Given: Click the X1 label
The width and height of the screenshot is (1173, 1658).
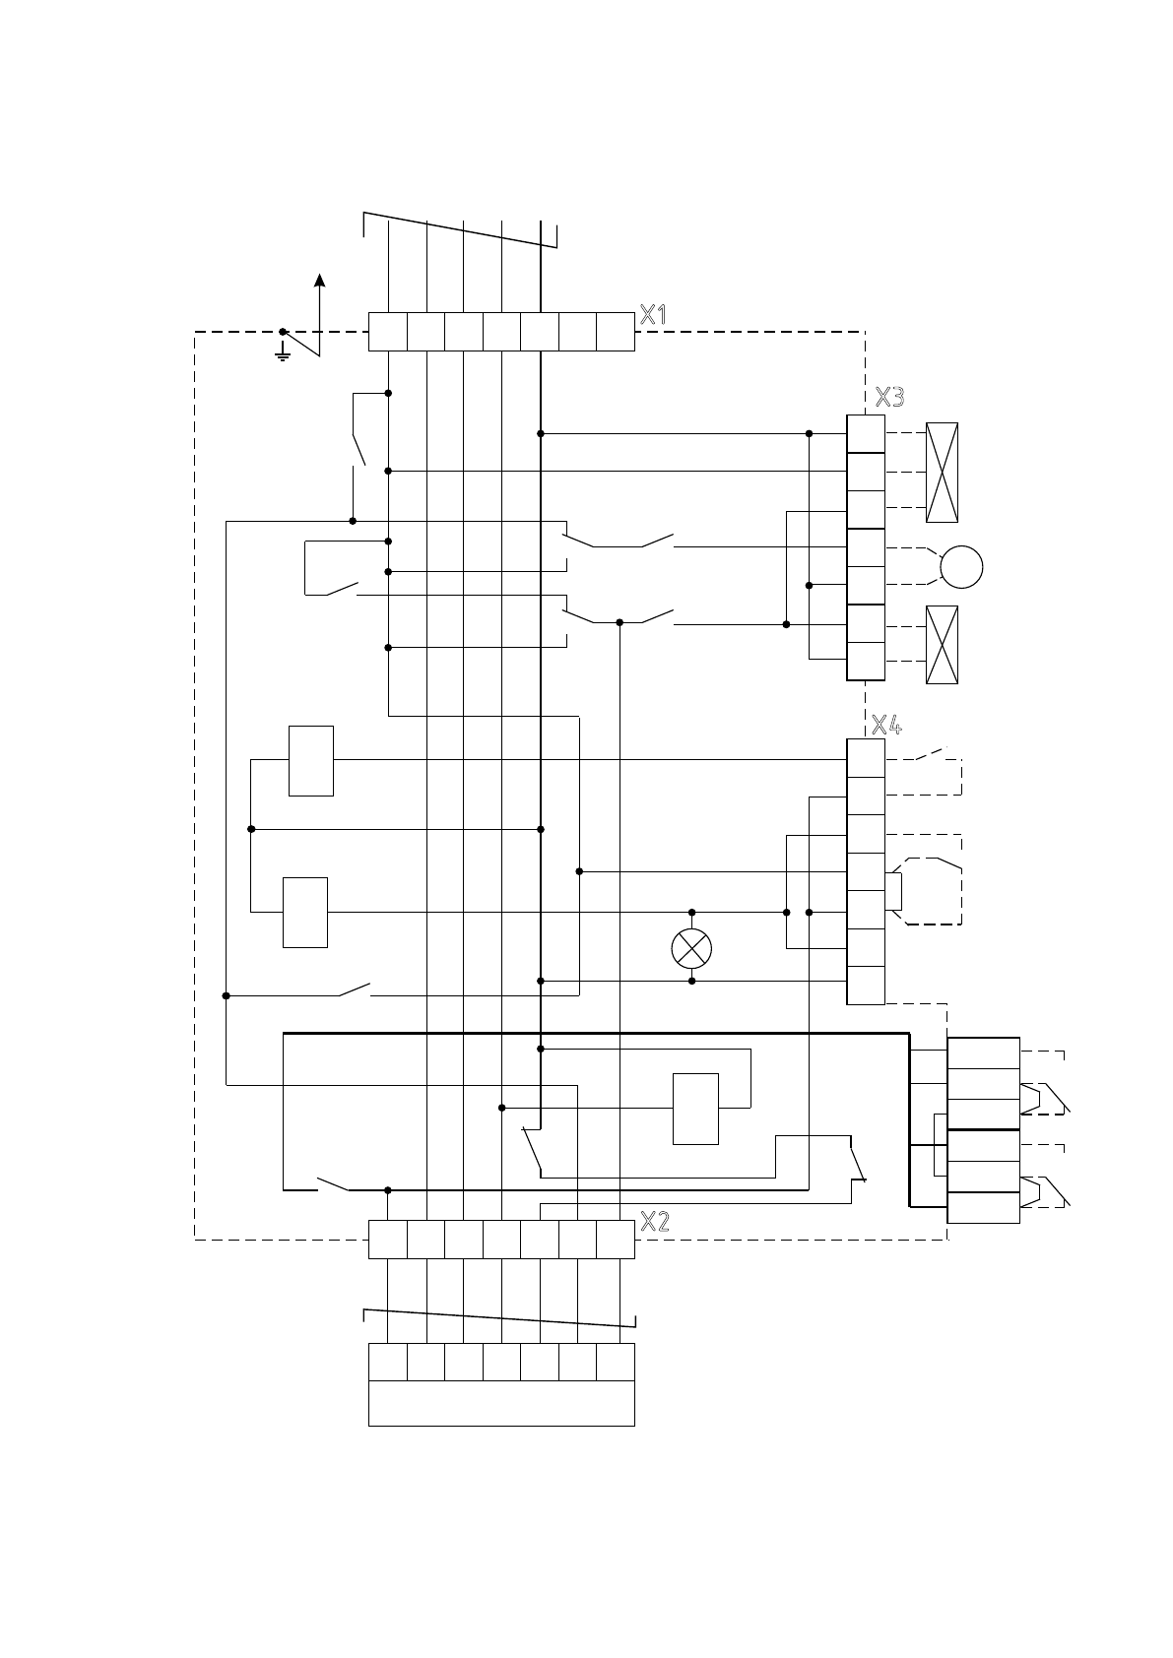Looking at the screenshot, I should [653, 315].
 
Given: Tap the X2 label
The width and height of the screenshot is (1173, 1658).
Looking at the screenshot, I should [654, 1222].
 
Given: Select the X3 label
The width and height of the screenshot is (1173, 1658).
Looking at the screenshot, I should [889, 397].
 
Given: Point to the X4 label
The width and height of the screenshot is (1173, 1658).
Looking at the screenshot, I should [887, 726].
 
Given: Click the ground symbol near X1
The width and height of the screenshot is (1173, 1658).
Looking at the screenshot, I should [283, 351].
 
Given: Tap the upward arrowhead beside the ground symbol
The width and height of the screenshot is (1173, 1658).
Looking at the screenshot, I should [319, 280].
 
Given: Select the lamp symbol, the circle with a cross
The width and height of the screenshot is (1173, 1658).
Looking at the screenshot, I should [691, 948].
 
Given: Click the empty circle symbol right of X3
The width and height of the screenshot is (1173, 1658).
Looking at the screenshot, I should [961, 567].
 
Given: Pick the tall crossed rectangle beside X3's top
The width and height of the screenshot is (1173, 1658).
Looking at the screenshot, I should [942, 473].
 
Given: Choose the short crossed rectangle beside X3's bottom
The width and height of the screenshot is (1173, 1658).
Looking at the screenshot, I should [942, 645].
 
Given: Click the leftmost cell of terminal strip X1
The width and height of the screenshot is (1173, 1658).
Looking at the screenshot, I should [387, 332].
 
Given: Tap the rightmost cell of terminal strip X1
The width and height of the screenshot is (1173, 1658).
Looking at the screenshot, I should [616, 332].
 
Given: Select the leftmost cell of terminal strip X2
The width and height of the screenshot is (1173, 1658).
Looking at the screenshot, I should [387, 1240].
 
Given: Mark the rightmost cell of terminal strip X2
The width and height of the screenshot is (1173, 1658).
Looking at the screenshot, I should [616, 1240].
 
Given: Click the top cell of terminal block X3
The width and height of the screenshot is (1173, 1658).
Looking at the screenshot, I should [866, 433].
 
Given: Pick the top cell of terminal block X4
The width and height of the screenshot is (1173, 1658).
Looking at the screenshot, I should [866, 758].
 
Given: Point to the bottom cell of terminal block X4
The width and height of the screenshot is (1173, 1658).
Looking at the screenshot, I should [866, 986].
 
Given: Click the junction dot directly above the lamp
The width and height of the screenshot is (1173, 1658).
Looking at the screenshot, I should [691, 913].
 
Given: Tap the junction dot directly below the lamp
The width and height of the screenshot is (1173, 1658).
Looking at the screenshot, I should [691, 981].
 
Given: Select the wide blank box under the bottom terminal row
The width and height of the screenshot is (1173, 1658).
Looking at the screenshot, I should [501, 1403].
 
